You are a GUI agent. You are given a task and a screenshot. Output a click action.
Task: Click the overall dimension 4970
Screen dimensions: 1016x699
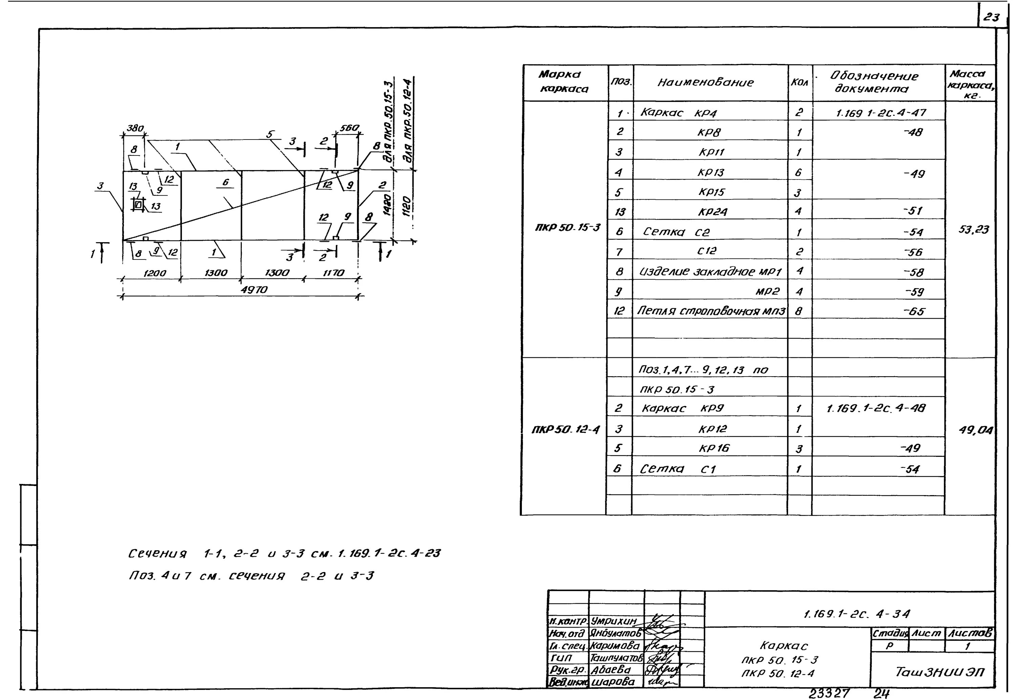[x=254, y=290]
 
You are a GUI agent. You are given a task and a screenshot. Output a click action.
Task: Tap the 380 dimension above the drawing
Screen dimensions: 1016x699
[x=135, y=128]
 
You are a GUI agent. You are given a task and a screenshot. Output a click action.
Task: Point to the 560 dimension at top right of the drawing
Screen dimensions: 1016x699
[x=349, y=128]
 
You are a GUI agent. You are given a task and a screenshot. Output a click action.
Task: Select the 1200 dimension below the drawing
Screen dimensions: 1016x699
[x=154, y=273]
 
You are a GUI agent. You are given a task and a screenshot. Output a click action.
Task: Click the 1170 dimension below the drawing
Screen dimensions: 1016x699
[x=334, y=273]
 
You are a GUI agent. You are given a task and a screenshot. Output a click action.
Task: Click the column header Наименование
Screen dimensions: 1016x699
[x=705, y=82]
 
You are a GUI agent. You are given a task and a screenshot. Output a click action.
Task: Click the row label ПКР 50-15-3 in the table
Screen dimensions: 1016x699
[x=568, y=227]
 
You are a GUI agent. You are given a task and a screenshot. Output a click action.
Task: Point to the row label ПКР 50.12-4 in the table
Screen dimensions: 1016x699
[x=565, y=430]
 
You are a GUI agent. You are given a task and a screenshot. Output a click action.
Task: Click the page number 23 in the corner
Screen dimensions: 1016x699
[x=992, y=18]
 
